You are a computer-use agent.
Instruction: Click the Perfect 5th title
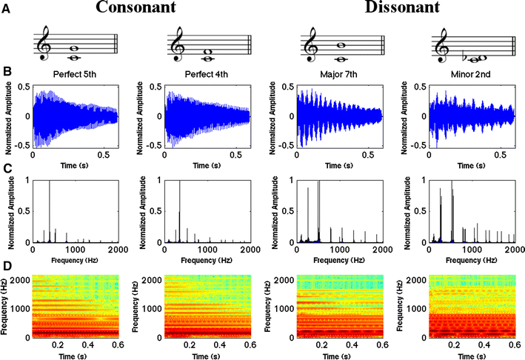coord(76,75)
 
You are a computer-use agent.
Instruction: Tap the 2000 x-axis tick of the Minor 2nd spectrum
coord(513,250)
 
